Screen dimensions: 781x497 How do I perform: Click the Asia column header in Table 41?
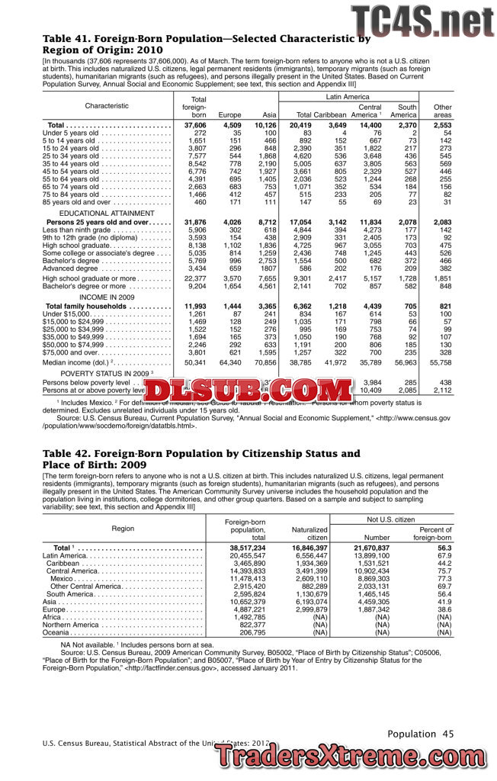pos(268,115)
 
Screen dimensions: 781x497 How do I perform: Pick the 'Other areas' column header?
pos(442,111)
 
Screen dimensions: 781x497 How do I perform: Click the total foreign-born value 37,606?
pos(195,125)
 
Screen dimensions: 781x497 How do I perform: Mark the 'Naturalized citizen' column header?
pos(309,532)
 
